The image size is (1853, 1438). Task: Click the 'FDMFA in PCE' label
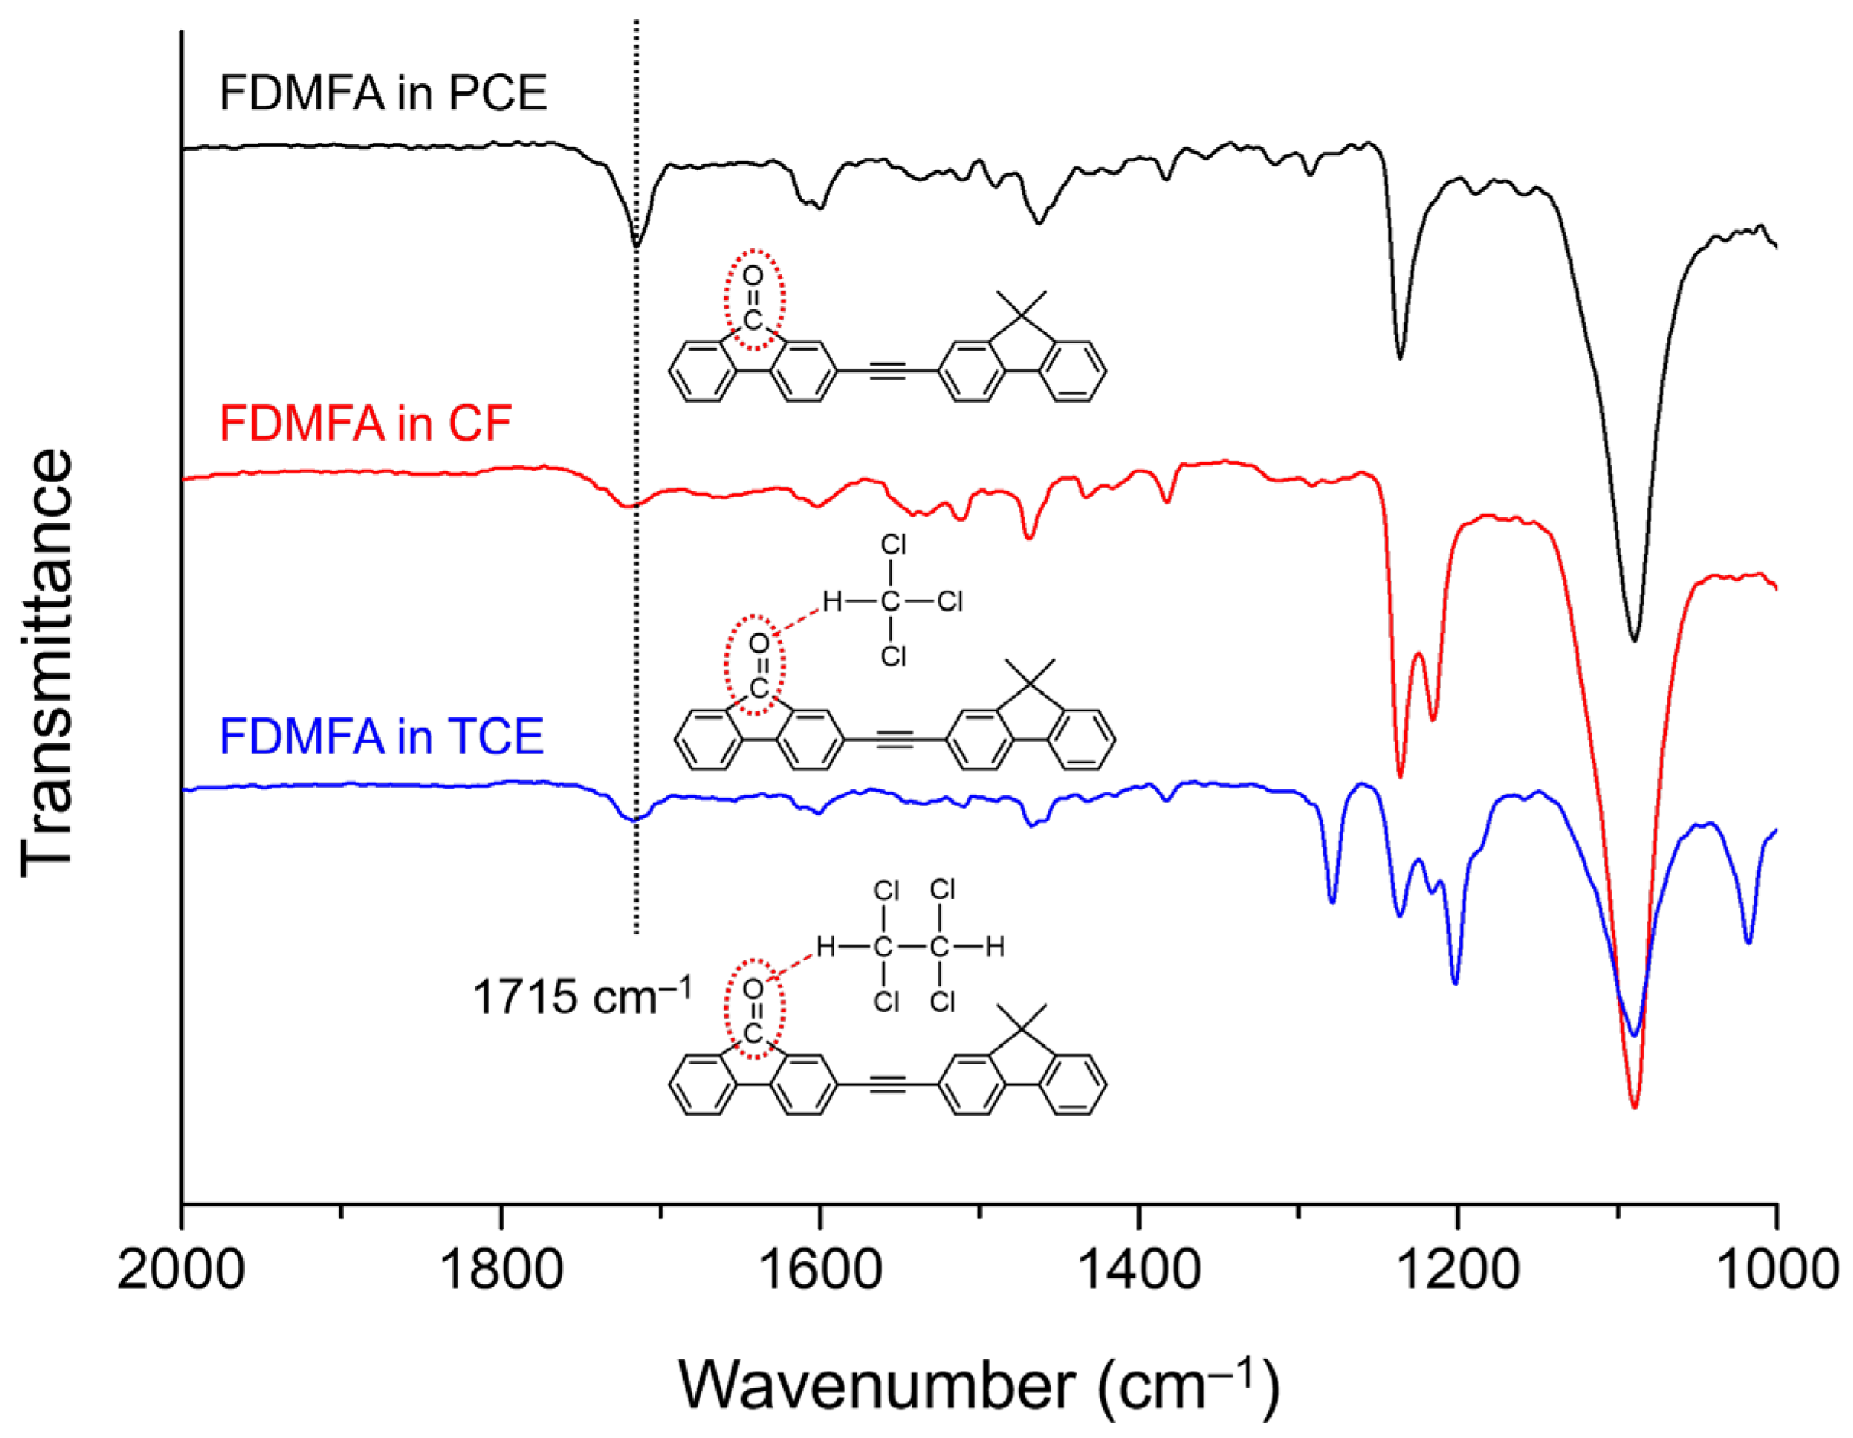383,92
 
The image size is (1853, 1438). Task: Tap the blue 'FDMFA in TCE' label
381,736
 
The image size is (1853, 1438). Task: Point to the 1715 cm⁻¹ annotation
581,995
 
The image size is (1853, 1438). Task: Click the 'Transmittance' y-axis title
48,662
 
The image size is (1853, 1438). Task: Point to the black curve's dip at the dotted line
637,245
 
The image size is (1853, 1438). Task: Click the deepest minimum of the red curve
1634,1107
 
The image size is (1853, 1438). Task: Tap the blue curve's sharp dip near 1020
1748,941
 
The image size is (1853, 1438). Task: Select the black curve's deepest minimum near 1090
1634,639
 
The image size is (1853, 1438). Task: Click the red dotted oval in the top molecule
753,300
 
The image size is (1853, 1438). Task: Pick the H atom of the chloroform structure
831,601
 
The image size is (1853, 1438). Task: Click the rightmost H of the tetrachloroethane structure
995,946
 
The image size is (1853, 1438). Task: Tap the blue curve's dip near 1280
1332,902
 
